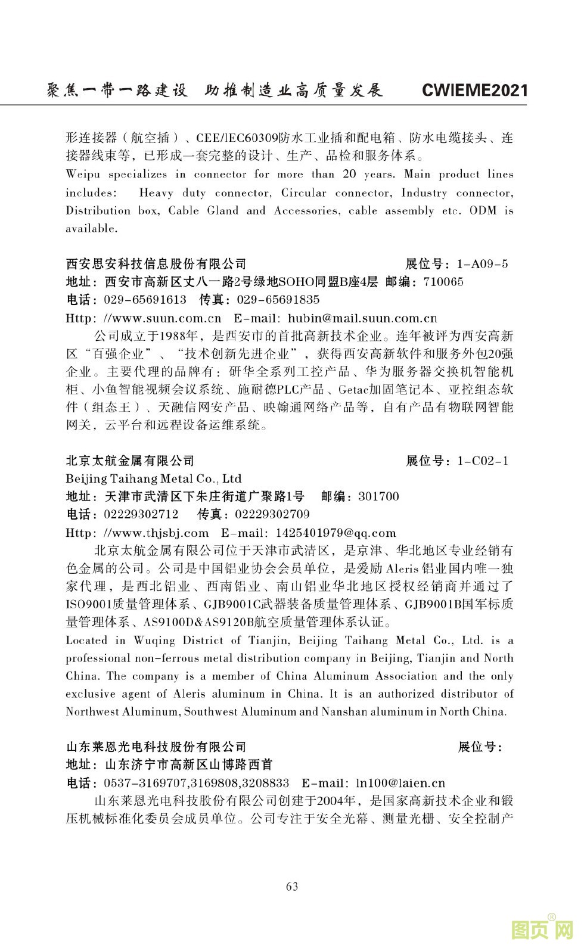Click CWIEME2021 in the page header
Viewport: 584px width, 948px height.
click(x=474, y=90)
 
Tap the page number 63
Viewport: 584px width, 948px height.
click(x=292, y=886)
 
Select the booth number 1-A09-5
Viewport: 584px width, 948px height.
click(x=482, y=264)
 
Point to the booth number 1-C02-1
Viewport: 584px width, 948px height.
click(x=483, y=461)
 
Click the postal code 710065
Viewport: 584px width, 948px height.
click(x=443, y=282)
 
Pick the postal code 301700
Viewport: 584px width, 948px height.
click(x=378, y=496)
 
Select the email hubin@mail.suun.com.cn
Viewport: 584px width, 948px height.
click(x=362, y=318)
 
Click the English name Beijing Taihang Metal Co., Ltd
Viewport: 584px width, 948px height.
click(x=154, y=478)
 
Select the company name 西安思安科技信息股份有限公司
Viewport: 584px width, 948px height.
click(x=156, y=264)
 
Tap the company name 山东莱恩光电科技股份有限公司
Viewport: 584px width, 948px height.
click(x=156, y=747)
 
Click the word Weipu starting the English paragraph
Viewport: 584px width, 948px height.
click(x=82, y=174)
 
